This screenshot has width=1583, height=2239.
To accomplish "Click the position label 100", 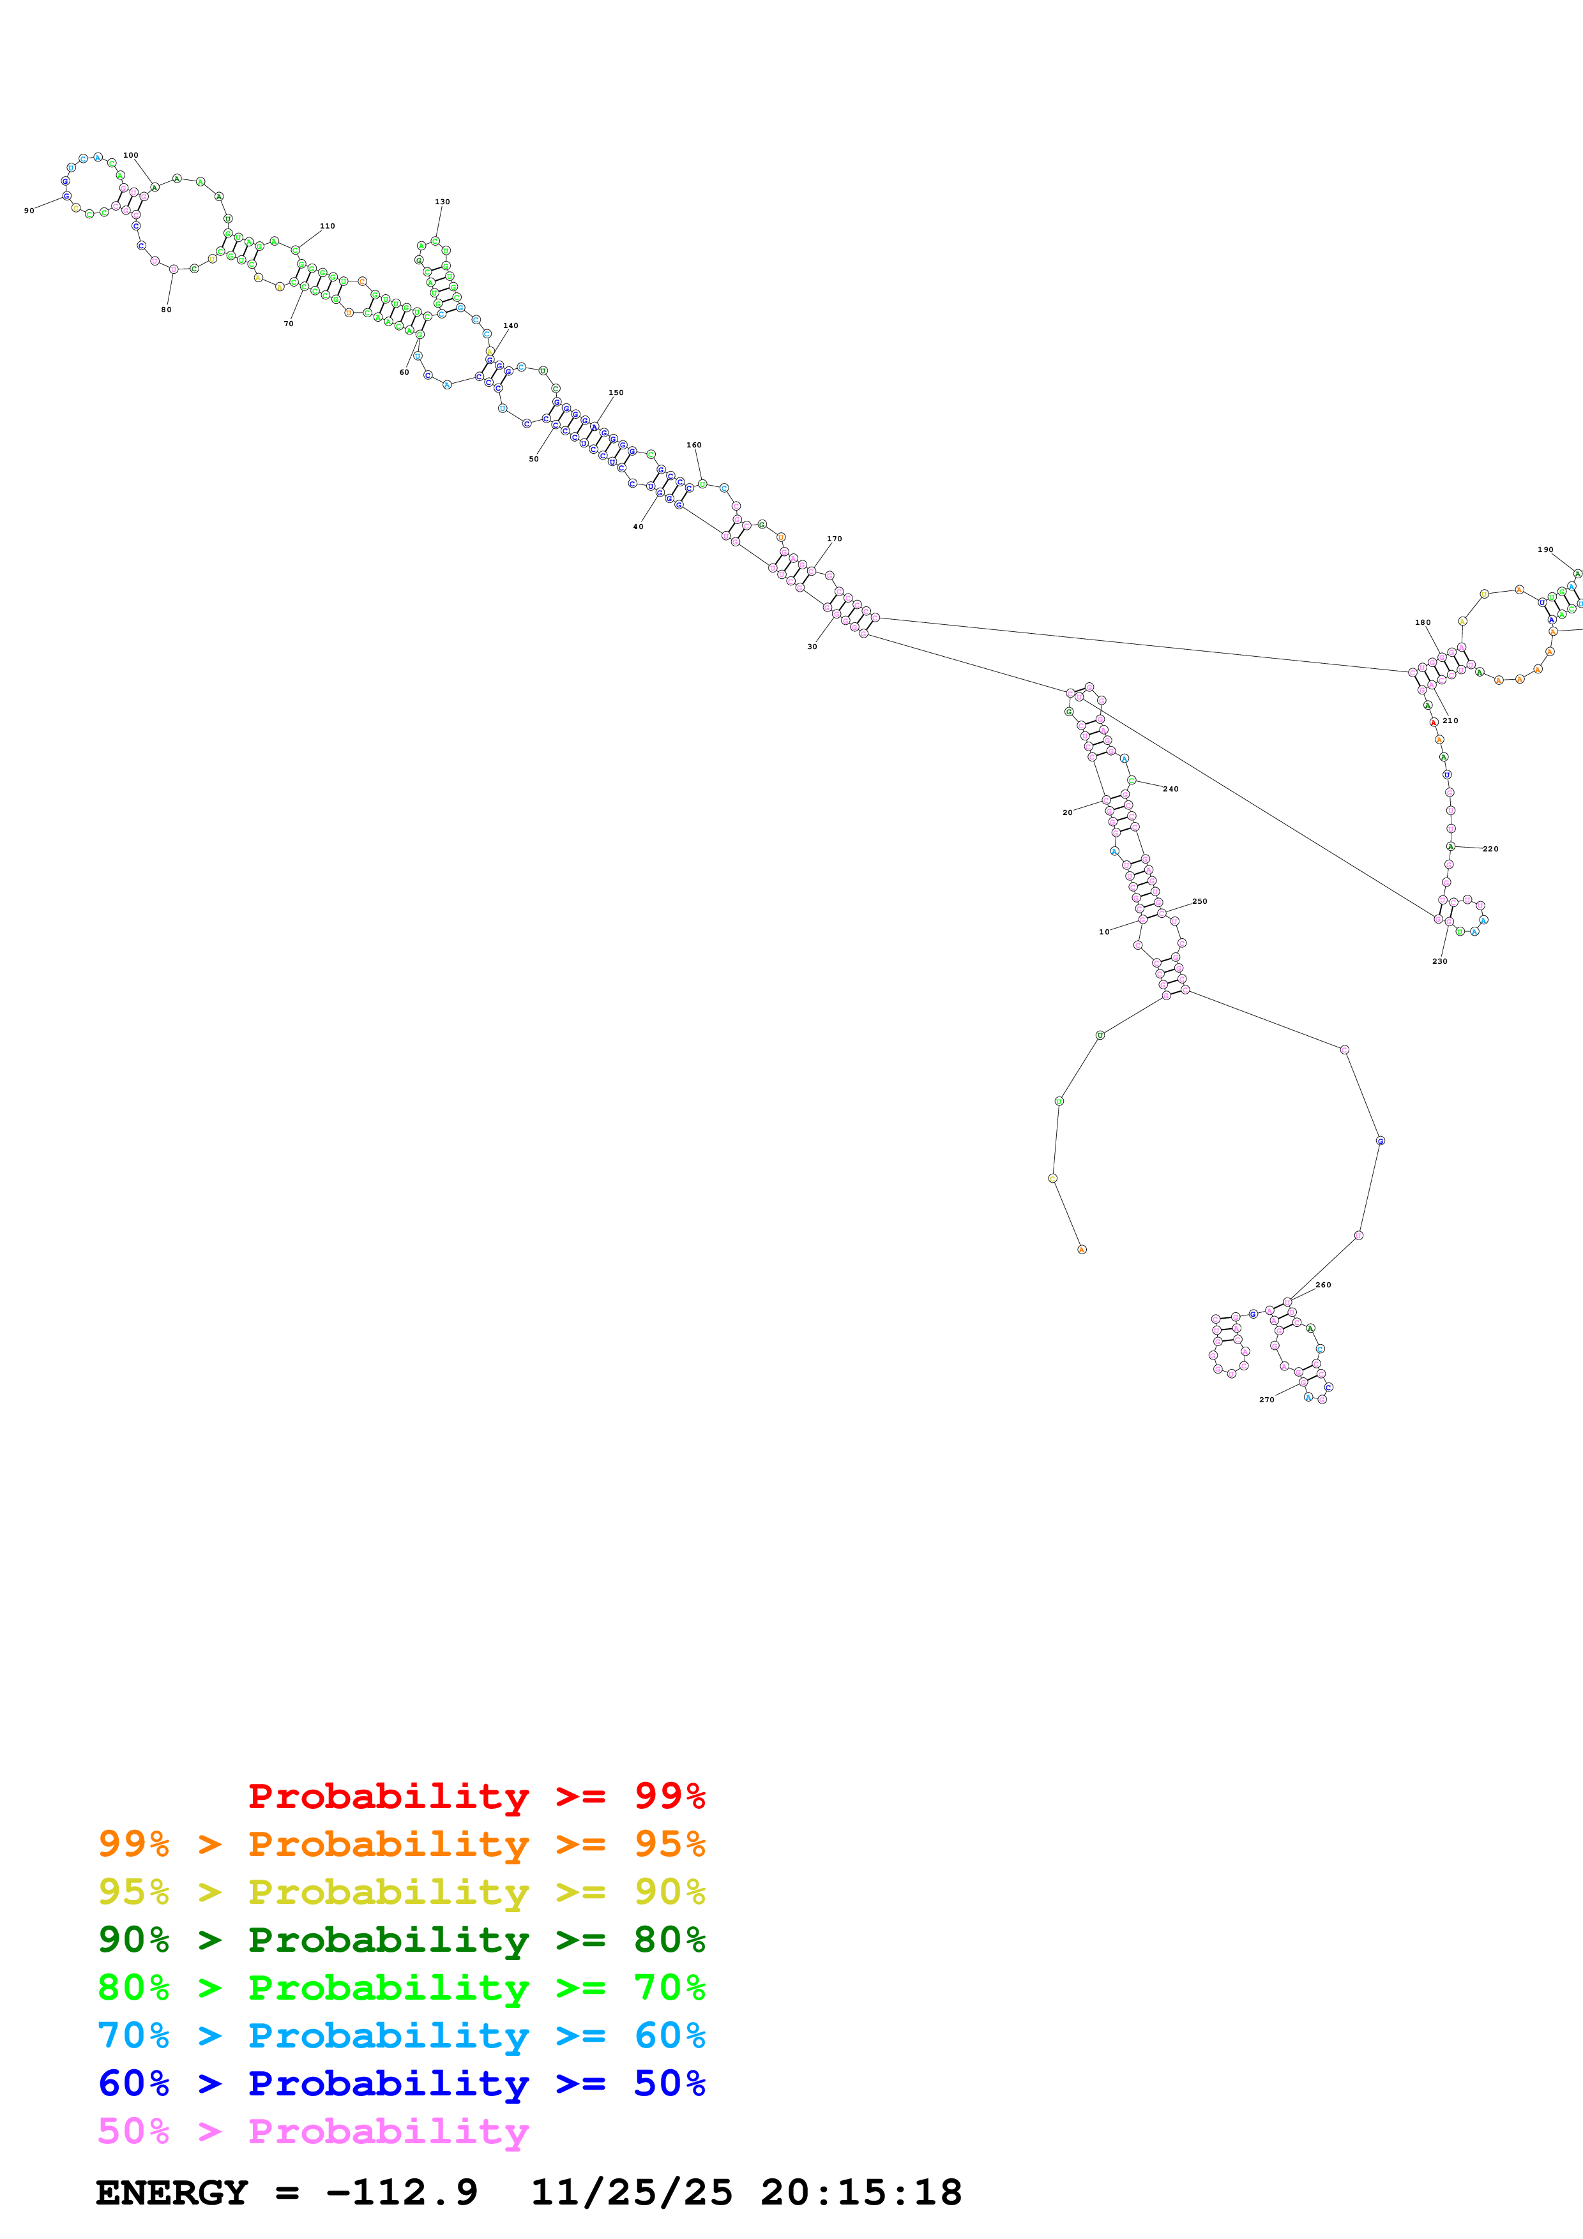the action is pos(131,155).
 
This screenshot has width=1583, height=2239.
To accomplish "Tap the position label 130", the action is pos(442,202).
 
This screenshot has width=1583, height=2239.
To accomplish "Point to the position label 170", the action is pos(834,538).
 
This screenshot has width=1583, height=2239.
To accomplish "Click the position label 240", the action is pos(1170,789).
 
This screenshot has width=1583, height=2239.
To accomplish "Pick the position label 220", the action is pos(1490,848).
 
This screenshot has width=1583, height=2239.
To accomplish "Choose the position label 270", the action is pos(1266,1399).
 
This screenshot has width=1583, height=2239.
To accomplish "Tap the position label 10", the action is pos(1104,931).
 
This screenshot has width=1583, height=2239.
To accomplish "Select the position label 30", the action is pos(812,647).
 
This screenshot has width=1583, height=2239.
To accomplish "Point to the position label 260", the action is pos(1322,1285).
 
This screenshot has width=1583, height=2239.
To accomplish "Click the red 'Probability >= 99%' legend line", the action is pos(476,1796).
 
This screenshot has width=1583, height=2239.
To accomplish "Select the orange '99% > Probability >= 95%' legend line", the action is pos(401,1844).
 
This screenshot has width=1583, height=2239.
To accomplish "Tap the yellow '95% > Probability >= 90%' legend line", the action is pos(401,1892).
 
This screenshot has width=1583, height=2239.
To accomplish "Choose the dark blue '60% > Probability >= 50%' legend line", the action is pos(401,2084).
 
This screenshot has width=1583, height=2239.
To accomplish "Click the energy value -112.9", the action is pos(402,2192).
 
